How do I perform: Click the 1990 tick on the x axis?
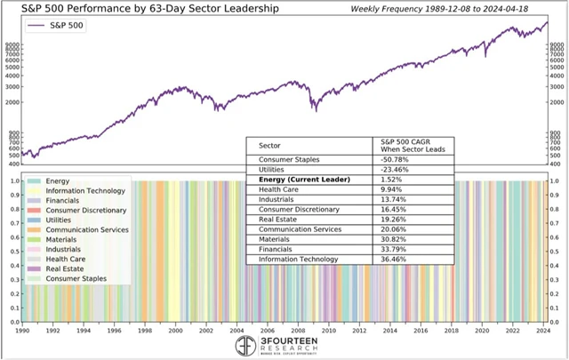point(24,330)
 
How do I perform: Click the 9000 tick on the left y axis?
point(12,44)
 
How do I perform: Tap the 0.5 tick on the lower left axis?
point(12,252)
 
